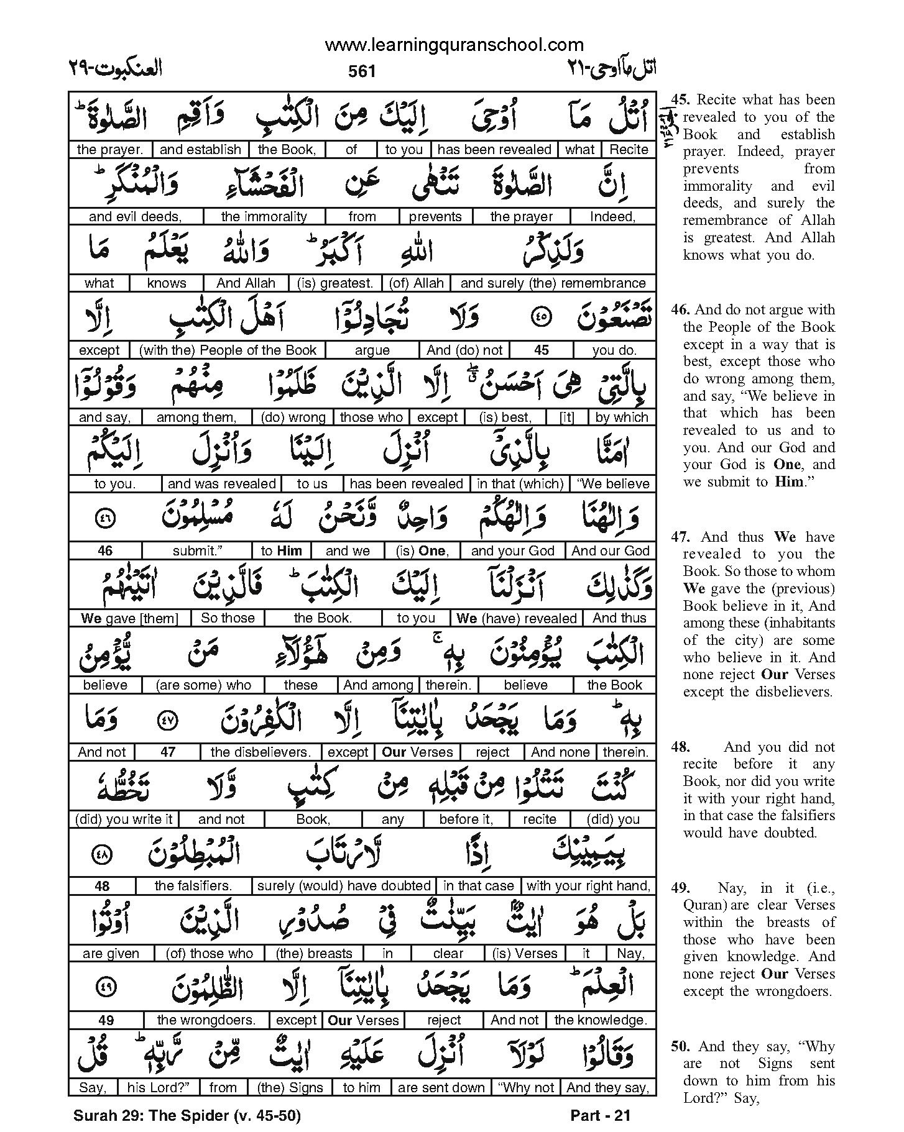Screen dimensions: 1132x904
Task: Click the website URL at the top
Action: [x=454, y=45]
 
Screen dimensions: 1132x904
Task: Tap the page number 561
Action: [x=362, y=71]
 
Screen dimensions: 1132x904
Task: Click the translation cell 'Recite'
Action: [x=629, y=150]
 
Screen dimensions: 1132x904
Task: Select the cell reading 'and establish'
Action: [x=200, y=150]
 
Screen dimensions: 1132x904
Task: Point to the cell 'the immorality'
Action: [x=264, y=217]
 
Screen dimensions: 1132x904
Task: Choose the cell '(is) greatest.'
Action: [x=335, y=283]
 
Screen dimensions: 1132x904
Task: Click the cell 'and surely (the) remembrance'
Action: [x=553, y=283]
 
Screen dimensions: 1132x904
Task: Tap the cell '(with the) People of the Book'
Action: [x=228, y=350]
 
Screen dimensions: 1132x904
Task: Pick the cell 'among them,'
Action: [x=196, y=418]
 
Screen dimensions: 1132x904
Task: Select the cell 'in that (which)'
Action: [x=520, y=484]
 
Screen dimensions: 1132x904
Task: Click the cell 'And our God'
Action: [x=610, y=551]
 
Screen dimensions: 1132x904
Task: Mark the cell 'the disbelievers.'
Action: [x=261, y=752]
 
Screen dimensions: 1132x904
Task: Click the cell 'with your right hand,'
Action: [x=588, y=886]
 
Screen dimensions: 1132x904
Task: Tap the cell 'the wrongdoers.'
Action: [x=206, y=1020]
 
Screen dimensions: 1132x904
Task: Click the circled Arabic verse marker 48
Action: [x=102, y=855]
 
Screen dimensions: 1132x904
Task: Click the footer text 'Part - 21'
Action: [x=600, y=1116]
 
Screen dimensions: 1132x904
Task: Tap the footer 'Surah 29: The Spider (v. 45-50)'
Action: [x=187, y=1116]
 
